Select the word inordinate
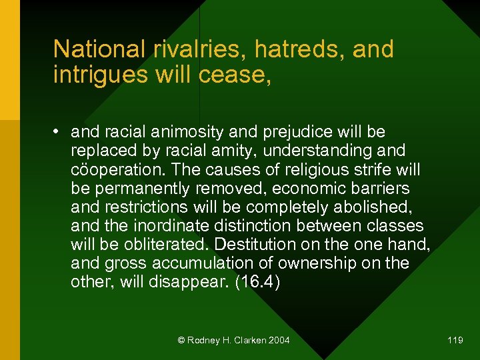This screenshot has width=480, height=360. (x=168, y=226)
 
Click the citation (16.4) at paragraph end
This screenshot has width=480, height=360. (x=258, y=282)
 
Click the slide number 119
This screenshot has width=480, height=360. (x=455, y=341)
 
